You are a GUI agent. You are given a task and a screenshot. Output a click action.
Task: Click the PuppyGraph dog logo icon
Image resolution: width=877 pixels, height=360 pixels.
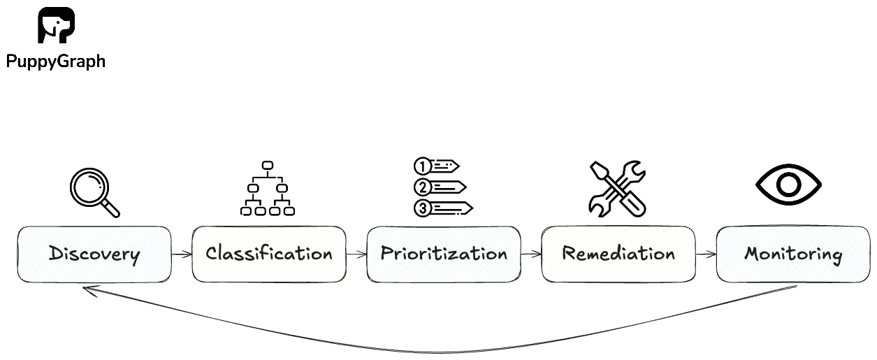[x=56, y=26]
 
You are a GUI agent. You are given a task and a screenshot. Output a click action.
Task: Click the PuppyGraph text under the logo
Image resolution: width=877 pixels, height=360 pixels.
[x=55, y=62]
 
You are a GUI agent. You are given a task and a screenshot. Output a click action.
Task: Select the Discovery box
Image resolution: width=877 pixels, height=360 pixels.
[x=94, y=254]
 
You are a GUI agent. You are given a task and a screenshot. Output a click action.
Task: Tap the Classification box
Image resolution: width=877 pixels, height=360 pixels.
[x=268, y=254]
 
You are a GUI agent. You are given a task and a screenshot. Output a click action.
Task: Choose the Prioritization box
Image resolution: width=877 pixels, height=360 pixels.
[x=443, y=254]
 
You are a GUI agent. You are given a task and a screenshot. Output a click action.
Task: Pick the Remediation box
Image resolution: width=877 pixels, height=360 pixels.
[x=618, y=254]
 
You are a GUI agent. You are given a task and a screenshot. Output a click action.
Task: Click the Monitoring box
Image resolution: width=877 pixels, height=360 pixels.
[x=793, y=254]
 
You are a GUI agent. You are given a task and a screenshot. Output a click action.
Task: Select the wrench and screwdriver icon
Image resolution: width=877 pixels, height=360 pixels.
[x=617, y=189]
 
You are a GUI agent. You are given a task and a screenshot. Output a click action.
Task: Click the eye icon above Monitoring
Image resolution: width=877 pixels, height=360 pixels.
[x=789, y=185]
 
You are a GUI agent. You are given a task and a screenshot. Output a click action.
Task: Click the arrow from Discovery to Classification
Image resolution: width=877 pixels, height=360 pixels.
[x=181, y=254]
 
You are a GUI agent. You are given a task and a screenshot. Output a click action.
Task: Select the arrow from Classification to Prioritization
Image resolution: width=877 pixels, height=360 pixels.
[x=356, y=254]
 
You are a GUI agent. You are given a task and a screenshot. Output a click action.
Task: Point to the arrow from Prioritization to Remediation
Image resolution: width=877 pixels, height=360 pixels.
[x=530, y=254]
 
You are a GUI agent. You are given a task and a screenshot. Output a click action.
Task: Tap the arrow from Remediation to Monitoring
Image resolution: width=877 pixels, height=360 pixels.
[x=706, y=254]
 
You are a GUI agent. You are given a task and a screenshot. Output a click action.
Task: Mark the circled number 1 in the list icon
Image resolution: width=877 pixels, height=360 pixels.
[x=422, y=166]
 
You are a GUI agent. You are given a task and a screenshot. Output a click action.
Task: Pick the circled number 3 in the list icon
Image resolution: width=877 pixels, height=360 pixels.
[x=422, y=208]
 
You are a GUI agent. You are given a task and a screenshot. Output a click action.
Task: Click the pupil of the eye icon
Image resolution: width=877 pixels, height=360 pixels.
[x=789, y=185]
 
